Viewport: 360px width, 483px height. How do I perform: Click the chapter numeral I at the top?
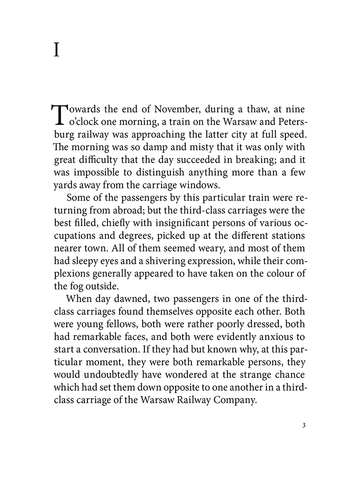coord(56,50)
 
